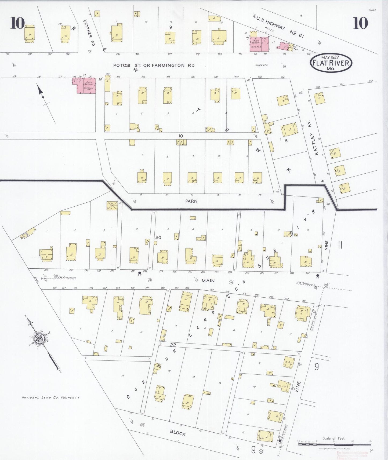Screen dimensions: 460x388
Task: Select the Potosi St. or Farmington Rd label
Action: (154, 65)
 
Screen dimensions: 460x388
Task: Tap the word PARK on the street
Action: (191, 201)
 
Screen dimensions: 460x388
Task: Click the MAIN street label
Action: (208, 280)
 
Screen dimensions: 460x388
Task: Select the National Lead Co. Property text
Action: (50, 397)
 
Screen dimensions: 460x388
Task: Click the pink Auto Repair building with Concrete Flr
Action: (86, 86)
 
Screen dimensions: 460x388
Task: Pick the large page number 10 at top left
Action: (18, 23)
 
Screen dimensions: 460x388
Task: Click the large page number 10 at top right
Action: (360, 23)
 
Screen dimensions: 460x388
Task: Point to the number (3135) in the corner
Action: (372, 10)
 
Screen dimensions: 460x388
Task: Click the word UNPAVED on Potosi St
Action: (261, 65)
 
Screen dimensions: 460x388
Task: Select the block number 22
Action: (173, 345)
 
